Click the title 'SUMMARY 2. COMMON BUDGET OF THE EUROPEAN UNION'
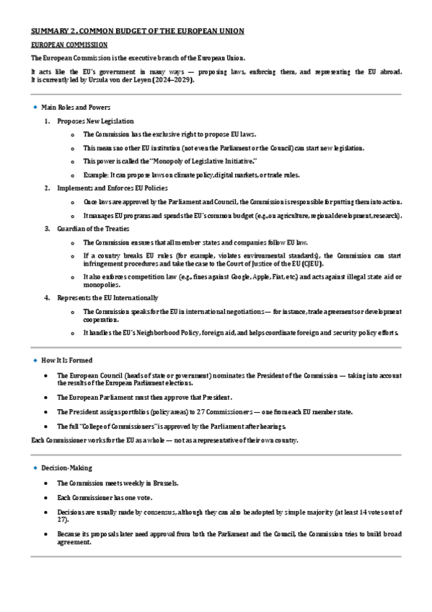[x=137, y=30]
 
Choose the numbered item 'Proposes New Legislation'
[x=95, y=121]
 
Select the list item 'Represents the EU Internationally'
[x=107, y=297]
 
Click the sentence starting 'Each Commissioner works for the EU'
[x=164, y=440]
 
